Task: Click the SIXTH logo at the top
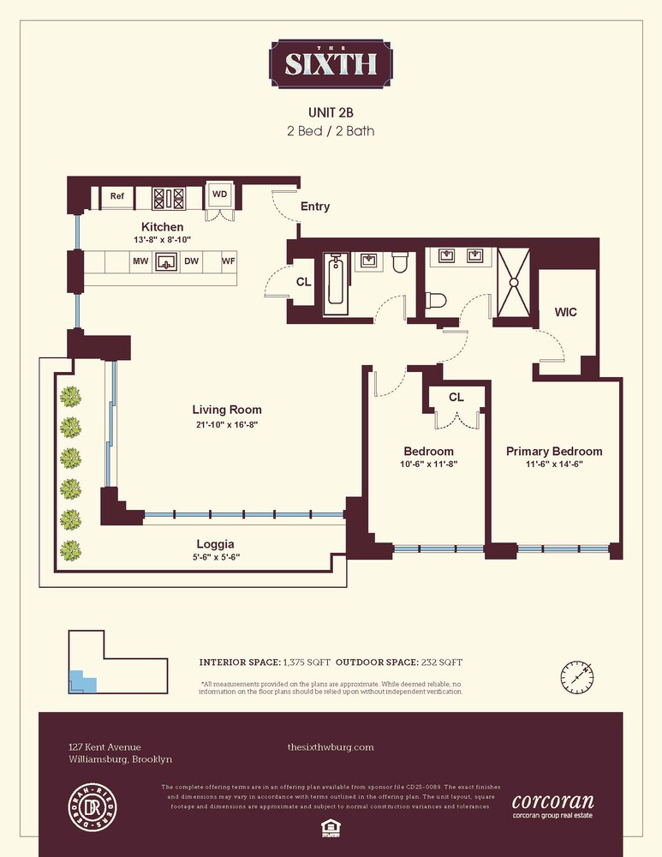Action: point(331,63)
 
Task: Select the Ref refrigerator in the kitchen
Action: point(117,196)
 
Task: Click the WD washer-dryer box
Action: point(220,195)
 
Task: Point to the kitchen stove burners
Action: point(169,198)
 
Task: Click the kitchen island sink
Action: point(167,261)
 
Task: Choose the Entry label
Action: point(314,207)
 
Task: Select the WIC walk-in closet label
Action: point(565,312)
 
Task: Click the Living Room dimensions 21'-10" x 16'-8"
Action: point(227,424)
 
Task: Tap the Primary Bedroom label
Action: point(553,452)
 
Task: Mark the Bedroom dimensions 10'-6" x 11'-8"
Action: point(428,465)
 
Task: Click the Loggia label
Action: point(215,544)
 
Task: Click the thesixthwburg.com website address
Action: point(331,747)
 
